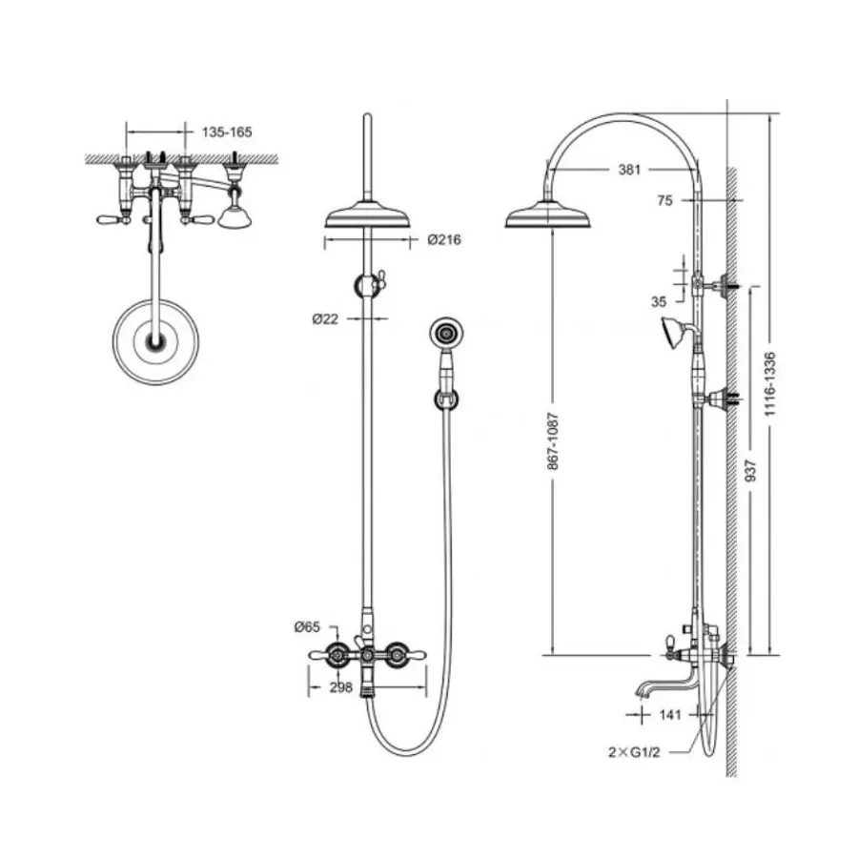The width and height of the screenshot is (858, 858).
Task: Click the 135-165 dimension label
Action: pyautogui.click(x=227, y=132)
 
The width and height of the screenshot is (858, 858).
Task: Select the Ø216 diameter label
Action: pyautogui.click(x=444, y=239)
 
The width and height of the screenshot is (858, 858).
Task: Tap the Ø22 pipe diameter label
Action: pyautogui.click(x=326, y=318)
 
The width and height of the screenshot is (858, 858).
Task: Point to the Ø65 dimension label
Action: pyautogui.click(x=307, y=626)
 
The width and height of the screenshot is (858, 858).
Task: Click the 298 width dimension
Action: pyautogui.click(x=341, y=687)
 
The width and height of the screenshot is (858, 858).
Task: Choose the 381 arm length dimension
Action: pyautogui.click(x=629, y=170)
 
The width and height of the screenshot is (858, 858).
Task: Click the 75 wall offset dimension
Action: pyautogui.click(x=664, y=201)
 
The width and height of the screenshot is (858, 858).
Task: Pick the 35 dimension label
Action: pyautogui.click(x=659, y=301)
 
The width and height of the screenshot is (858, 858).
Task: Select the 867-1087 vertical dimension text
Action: pyautogui.click(x=553, y=441)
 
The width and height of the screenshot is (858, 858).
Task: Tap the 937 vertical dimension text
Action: pyautogui.click(x=751, y=471)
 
